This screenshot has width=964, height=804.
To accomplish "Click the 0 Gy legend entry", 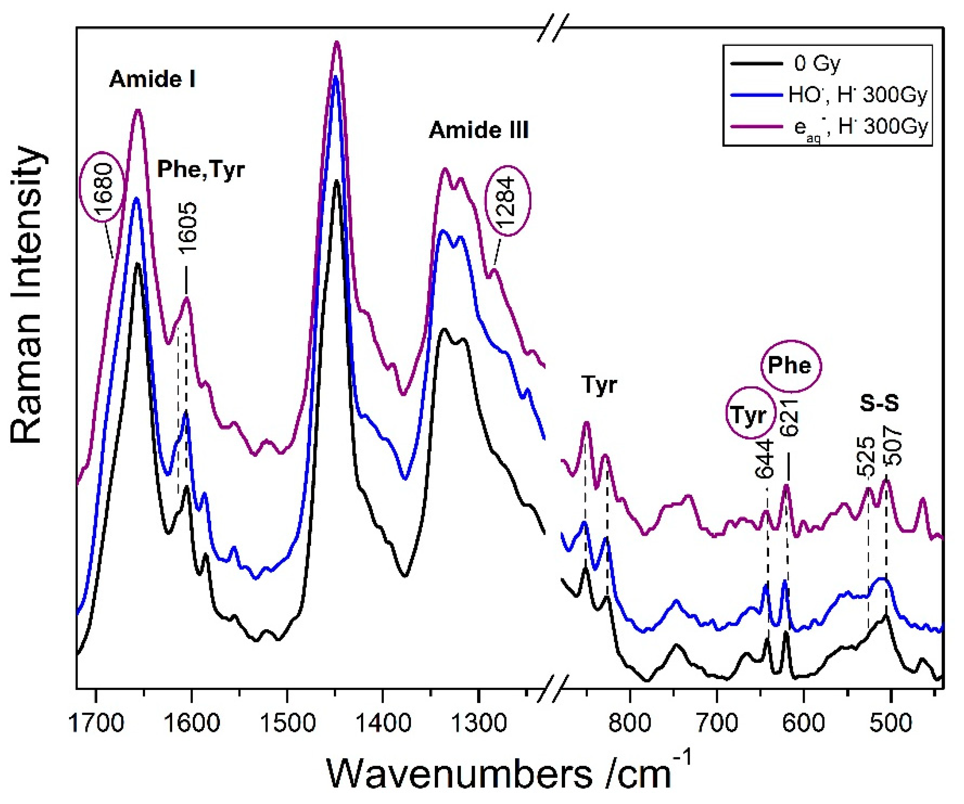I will tap(817, 64).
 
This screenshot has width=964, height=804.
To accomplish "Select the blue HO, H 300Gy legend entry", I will tap(857, 95).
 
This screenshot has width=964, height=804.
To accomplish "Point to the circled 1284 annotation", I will tap(508, 200).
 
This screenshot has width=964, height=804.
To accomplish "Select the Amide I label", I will tap(153, 80).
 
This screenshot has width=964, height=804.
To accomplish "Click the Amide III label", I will tap(479, 131).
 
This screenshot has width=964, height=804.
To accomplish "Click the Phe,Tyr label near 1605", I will tap(200, 169).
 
